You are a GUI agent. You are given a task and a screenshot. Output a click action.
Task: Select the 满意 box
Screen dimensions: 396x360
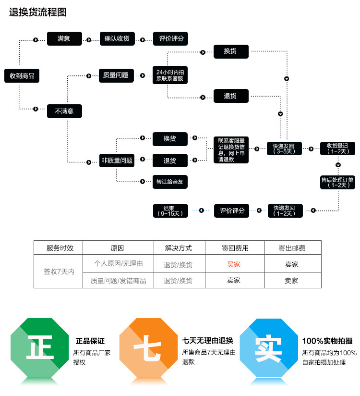pyautogui.click(x=64, y=38)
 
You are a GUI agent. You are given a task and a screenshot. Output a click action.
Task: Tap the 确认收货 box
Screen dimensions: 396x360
pyautogui.click(x=117, y=38)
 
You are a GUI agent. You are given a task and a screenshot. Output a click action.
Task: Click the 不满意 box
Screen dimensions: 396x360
pyautogui.click(x=64, y=111)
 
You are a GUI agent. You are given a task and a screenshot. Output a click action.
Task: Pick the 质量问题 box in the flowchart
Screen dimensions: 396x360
pyautogui.click(x=116, y=75)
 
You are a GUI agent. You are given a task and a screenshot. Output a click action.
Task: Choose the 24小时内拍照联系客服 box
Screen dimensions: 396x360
pyautogui.click(x=169, y=75)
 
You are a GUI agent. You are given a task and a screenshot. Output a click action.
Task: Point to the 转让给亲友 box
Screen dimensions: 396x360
pyautogui.click(x=170, y=182)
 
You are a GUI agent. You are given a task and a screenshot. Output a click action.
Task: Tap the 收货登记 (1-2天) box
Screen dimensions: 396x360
pyautogui.click(x=338, y=148)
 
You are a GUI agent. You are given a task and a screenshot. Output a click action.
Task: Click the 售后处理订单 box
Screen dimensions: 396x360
pyautogui.click(x=337, y=182)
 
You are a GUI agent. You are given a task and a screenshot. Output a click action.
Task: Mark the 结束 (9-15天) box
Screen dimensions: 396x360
pyautogui.click(x=170, y=210)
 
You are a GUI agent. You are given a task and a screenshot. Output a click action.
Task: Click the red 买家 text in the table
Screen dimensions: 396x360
pyautogui.click(x=234, y=264)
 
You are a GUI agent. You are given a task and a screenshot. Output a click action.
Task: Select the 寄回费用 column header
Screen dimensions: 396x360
pyautogui.click(x=235, y=248)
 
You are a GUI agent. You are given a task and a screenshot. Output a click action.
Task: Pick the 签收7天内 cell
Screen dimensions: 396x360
pyautogui.click(x=59, y=272)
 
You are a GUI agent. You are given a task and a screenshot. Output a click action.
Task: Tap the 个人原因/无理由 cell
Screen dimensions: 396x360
pyautogui.click(x=118, y=264)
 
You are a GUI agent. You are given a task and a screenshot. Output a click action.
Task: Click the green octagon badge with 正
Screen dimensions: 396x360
pyautogui.click(x=40, y=347)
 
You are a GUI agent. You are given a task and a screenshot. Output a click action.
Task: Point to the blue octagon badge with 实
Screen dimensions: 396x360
pyautogui.click(x=268, y=347)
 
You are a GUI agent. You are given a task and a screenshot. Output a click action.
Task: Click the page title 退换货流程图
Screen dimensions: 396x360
pyautogui.click(x=38, y=12)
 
